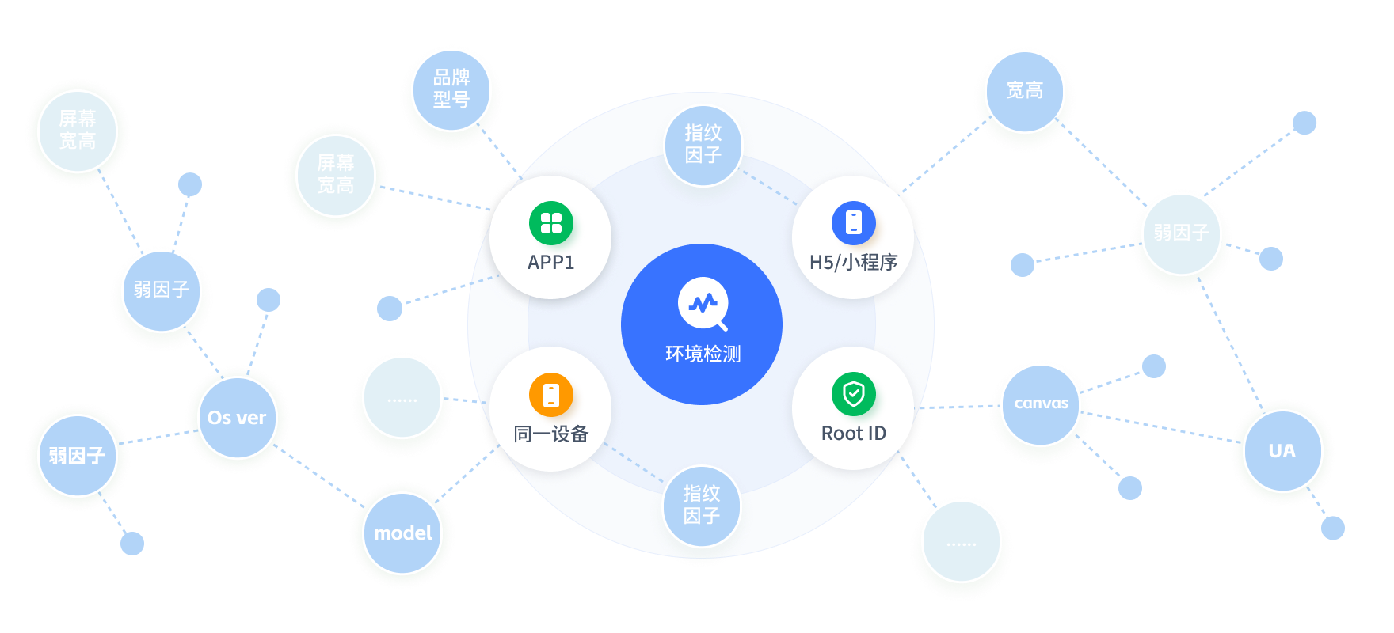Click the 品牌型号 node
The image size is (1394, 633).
click(x=451, y=89)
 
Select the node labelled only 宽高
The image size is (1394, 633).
click(x=1025, y=91)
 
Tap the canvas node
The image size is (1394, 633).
click(x=1041, y=404)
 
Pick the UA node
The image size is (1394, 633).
click(x=1282, y=451)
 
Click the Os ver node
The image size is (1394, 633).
click(x=237, y=418)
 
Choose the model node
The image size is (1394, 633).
click(x=402, y=533)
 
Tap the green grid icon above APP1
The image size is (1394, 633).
click(x=551, y=223)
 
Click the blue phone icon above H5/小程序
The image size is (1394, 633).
click(x=853, y=222)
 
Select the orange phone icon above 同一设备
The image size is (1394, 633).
click(x=551, y=394)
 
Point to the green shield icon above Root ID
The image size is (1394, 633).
click(x=853, y=393)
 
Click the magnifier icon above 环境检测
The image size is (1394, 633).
click(x=703, y=304)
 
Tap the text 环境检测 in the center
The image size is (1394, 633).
click(x=703, y=354)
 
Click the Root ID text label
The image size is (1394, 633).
click(x=853, y=434)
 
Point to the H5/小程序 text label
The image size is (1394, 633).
click(x=853, y=262)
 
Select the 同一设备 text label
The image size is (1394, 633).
click(x=551, y=434)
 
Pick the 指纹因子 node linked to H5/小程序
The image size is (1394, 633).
click(x=703, y=145)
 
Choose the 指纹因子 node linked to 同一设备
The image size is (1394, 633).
click(x=702, y=506)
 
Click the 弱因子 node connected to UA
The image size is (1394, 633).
click(x=1181, y=233)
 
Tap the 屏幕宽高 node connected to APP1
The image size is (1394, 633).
click(x=336, y=175)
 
